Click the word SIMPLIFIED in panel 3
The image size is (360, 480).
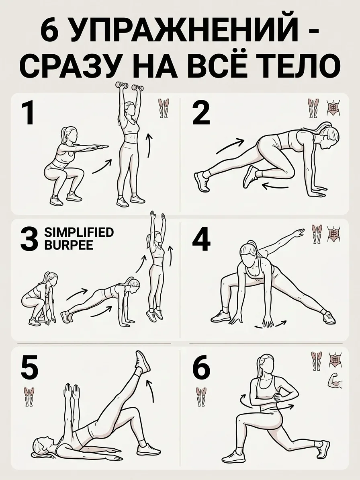click(79, 232)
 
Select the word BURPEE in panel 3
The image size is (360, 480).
click(69, 245)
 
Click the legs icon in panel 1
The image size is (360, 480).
click(164, 108)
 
